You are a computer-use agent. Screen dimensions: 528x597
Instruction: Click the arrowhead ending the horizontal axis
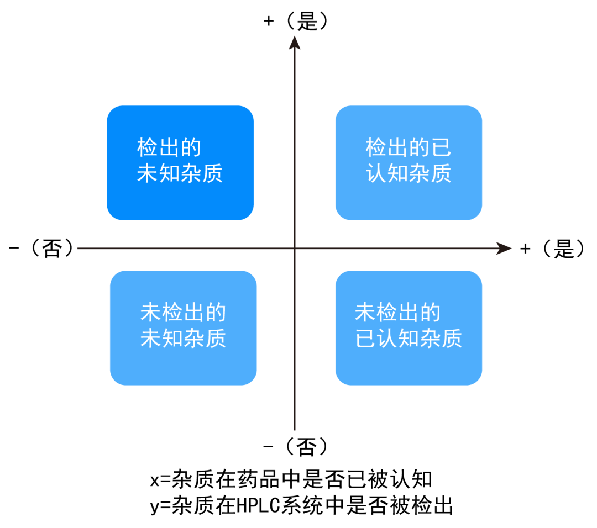pyautogui.click(x=504, y=249)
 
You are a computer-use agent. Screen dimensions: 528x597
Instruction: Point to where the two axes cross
pyautogui.click(x=295, y=249)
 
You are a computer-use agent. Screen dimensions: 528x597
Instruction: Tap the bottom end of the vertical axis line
pyautogui.click(x=295, y=429)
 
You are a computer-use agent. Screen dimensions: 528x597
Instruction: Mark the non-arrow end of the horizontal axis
pyautogui.click(x=78, y=249)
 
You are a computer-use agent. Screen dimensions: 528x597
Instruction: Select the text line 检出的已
pyautogui.click(x=409, y=147)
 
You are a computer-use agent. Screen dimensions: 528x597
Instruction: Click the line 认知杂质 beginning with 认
pyautogui.click(x=409, y=173)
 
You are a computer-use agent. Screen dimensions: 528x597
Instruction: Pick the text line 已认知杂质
pyautogui.click(x=409, y=339)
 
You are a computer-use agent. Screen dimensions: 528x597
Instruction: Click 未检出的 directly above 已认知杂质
pyautogui.click(x=397, y=313)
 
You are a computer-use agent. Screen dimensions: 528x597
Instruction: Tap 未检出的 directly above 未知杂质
pyautogui.click(x=183, y=313)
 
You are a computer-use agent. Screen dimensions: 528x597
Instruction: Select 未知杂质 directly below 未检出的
pyautogui.click(x=183, y=339)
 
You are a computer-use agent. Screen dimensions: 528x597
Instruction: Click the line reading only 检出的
pyautogui.click(x=169, y=147)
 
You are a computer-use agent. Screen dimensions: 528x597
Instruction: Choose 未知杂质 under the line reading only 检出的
pyautogui.click(x=180, y=173)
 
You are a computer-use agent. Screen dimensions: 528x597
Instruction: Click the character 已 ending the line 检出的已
pyautogui.click(x=441, y=147)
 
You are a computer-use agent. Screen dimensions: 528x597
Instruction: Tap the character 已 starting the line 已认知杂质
pyautogui.click(x=365, y=339)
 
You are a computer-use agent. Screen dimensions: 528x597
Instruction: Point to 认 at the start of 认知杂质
pyautogui.click(x=376, y=173)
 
